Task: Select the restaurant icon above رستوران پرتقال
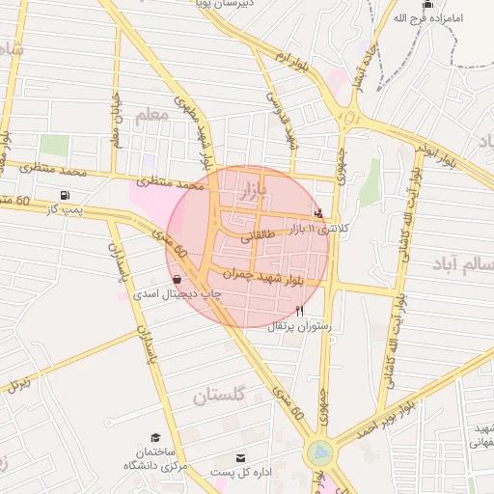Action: (x=300, y=311)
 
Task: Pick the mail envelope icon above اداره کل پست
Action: (x=240, y=457)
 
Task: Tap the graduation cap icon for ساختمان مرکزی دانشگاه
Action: (x=155, y=439)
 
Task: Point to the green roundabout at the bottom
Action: (x=319, y=452)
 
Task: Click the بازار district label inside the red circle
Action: (x=249, y=184)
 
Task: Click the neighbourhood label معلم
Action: (x=151, y=115)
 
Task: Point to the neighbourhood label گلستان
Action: (x=220, y=396)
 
